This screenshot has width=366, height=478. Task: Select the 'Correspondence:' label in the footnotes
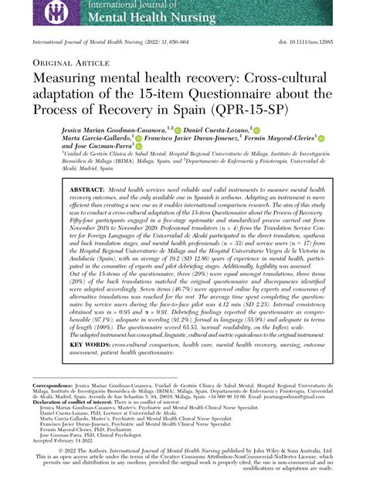[51, 384]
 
